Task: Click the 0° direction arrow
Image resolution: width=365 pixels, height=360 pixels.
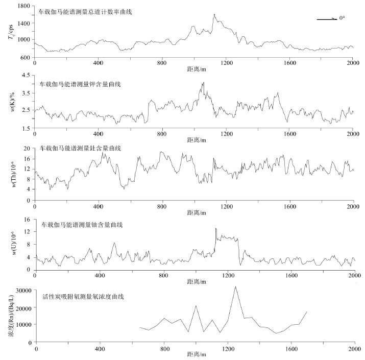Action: coord(327,19)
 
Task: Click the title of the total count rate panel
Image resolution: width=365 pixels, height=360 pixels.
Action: coord(85,11)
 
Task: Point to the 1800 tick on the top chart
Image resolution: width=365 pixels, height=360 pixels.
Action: coord(23,6)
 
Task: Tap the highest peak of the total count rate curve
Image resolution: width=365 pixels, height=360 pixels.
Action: coord(214,14)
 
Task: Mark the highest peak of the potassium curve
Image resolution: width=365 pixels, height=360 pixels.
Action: coord(203,82)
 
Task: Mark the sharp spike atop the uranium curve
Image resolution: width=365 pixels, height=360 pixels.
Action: coord(215,228)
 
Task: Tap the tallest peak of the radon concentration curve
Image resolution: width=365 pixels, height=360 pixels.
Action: coord(235,286)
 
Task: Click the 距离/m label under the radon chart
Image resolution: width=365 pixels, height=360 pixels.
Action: coord(194,353)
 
